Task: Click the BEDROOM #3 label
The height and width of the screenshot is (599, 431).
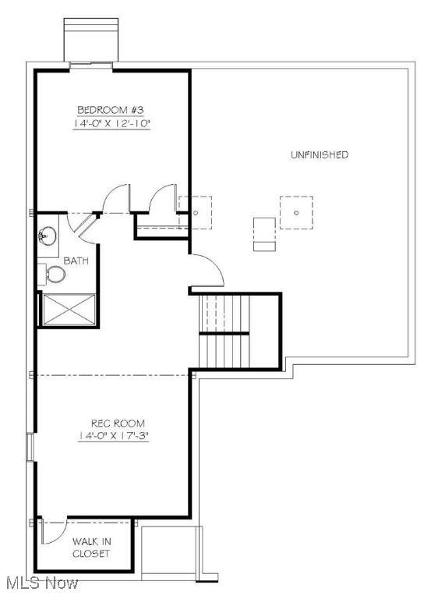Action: [x=111, y=110]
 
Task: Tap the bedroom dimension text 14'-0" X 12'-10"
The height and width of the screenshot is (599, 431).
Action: [x=111, y=123]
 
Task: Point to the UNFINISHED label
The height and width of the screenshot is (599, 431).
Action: [x=320, y=154]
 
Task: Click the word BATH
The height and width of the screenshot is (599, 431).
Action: [x=76, y=261]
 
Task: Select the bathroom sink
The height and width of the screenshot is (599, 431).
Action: [x=48, y=236]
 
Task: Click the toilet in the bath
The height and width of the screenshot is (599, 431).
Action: [x=52, y=274]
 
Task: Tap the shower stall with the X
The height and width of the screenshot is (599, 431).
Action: [x=69, y=310]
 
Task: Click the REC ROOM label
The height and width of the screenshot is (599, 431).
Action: [x=118, y=424]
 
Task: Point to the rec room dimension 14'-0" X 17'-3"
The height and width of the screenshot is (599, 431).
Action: [x=113, y=436]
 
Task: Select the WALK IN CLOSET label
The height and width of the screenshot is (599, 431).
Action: [x=92, y=548]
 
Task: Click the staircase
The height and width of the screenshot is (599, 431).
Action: [x=224, y=331]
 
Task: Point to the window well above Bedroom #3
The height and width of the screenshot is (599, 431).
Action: [x=91, y=40]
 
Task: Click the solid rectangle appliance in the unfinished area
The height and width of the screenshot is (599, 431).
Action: [x=264, y=234]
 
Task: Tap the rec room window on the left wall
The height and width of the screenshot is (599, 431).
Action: [x=30, y=447]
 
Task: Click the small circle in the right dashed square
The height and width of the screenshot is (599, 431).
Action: [x=296, y=213]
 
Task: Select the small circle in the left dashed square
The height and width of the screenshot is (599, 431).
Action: [x=196, y=213]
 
